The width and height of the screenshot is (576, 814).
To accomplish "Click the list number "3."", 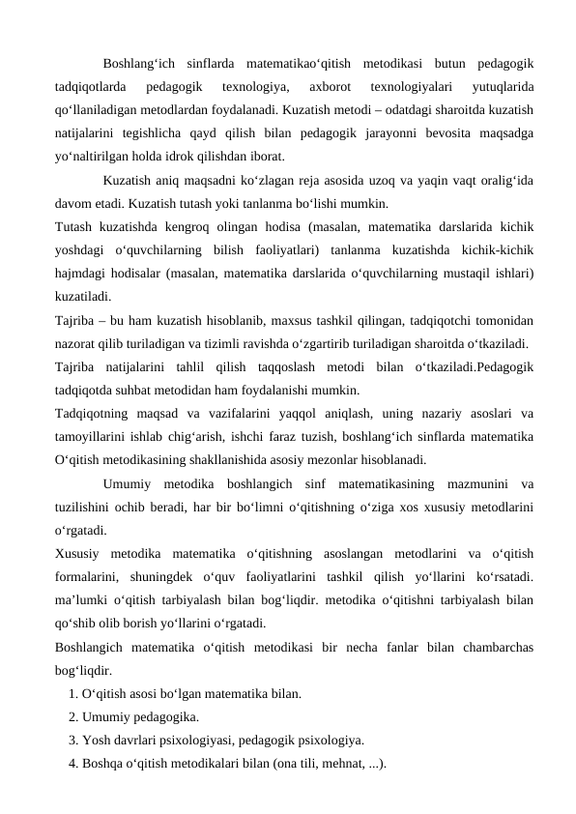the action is [x=74, y=741].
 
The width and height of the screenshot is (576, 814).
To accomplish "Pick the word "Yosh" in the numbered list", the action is [x=98, y=741].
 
